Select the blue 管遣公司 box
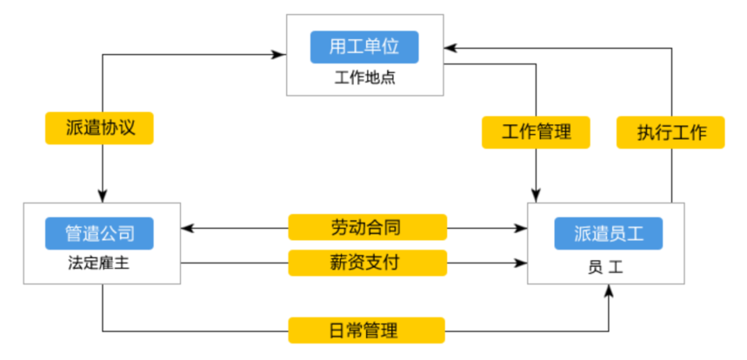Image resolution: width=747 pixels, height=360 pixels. [100, 233]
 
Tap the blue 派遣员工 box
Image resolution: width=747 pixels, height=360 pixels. [608, 233]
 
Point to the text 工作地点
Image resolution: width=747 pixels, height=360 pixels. [364, 77]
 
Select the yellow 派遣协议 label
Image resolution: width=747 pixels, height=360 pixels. [100, 129]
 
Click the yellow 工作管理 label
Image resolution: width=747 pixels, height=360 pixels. [536, 132]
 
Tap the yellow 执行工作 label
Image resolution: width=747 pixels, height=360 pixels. [670, 132]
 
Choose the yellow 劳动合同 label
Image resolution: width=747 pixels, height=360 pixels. [366, 228]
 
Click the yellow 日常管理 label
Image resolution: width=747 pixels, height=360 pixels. [366, 330]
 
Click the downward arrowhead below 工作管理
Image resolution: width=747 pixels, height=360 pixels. [536, 196]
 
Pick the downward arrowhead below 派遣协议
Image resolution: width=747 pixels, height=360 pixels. [103, 196]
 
